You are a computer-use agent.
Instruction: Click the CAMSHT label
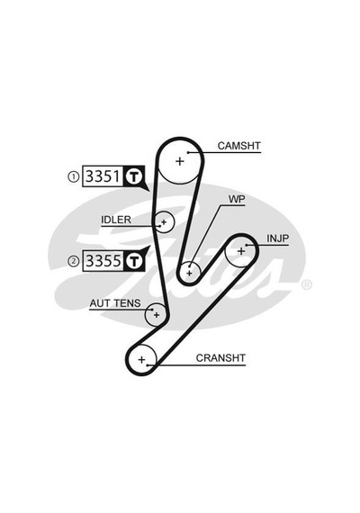coord(238,146)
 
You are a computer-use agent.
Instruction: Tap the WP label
coord(237,199)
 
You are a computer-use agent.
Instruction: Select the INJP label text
coord(278,238)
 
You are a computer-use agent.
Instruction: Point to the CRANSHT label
coord(220,358)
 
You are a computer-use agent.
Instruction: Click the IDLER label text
coord(116,220)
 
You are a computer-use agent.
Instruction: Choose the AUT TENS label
coord(115,303)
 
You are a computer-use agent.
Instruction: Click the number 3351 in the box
coord(103,176)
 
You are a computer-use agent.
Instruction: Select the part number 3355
coord(103,261)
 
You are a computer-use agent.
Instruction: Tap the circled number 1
coord(73,177)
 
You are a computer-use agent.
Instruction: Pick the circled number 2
coord(73,261)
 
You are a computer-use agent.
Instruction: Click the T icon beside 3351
coord(134,176)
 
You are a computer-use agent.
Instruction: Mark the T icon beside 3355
coord(134,261)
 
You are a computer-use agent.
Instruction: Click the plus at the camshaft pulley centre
coord(180,161)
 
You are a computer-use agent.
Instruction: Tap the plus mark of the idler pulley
coord(164,222)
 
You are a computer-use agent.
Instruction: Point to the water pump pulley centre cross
coord(189,273)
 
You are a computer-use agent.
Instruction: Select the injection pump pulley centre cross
coord(241,251)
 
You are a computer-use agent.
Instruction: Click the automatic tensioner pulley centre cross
coord(157,315)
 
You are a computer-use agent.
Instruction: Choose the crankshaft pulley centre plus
coord(141,360)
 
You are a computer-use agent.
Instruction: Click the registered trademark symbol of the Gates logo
coord(307,285)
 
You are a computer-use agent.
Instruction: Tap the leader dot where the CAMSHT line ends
coord(188,152)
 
